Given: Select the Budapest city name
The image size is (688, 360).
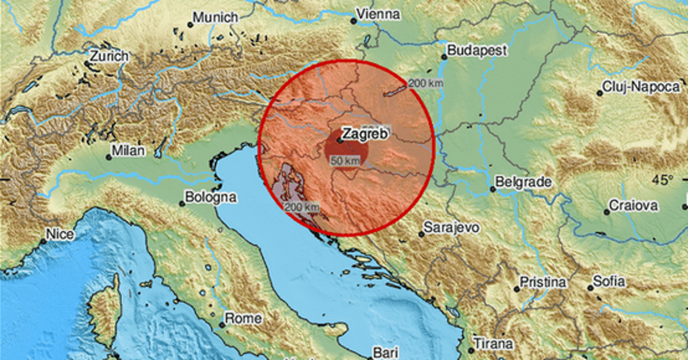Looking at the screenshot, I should point(478,50).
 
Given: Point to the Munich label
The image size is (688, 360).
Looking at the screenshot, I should point(215,18).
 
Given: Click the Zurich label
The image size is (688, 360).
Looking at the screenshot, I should point(109,56).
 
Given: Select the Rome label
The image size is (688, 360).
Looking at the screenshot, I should point(243,318).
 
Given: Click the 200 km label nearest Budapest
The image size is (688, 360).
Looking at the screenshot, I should point(425,84).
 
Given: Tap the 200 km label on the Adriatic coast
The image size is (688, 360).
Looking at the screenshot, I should point(302,206).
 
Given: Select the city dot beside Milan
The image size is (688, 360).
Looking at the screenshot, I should point(108,156).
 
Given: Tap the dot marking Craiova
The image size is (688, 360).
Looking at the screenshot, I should point(606,212).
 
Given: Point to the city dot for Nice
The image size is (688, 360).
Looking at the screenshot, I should point(43,241).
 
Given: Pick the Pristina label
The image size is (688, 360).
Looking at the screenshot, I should point(543,283).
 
